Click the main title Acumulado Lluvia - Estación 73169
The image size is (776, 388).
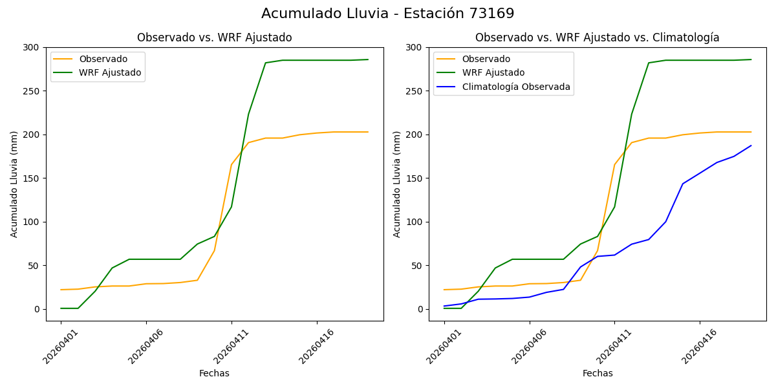pos(388,14)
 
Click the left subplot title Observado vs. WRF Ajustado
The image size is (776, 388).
pos(214,38)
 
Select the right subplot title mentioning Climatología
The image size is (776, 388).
pos(597,38)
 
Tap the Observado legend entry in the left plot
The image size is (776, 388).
pos(103,59)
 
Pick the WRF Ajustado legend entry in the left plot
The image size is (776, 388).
pos(110,72)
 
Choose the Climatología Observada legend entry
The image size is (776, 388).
pos(515,87)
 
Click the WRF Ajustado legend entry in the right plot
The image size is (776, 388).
pos(493,72)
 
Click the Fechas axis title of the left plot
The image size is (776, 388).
pos(214,373)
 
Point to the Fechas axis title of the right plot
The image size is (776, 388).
pos(597,373)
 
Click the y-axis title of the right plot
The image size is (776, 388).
pos(397,184)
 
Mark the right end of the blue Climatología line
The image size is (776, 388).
pos(751,145)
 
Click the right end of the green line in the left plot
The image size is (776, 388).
pos(368,59)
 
